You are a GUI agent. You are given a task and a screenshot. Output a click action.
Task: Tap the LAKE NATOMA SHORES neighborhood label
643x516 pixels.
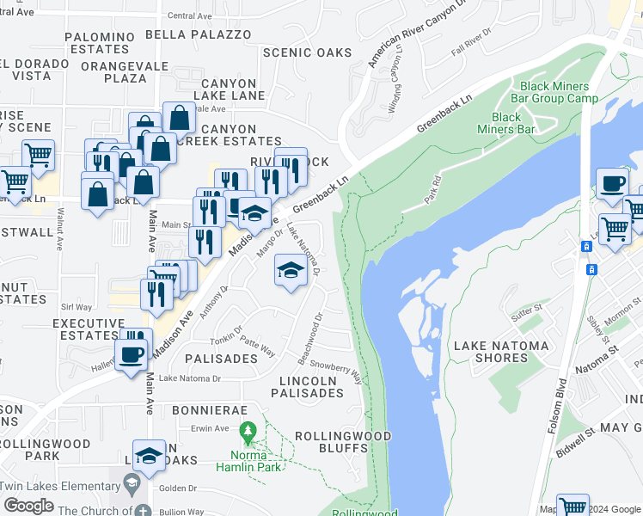point(501,352)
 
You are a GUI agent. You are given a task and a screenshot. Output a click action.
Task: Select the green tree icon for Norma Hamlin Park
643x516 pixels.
point(248,429)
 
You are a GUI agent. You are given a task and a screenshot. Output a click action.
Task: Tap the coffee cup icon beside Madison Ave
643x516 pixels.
point(131,354)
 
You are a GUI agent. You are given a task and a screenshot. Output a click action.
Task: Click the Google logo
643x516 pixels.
point(29,506)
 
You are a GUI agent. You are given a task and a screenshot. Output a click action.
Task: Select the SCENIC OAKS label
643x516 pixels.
point(307,52)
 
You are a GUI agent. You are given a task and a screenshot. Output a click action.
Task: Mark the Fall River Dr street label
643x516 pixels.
point(469,43)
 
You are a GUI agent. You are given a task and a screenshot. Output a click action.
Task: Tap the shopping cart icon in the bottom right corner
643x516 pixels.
point(572,507)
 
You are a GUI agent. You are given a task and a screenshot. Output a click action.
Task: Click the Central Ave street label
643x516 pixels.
point(188,15)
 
